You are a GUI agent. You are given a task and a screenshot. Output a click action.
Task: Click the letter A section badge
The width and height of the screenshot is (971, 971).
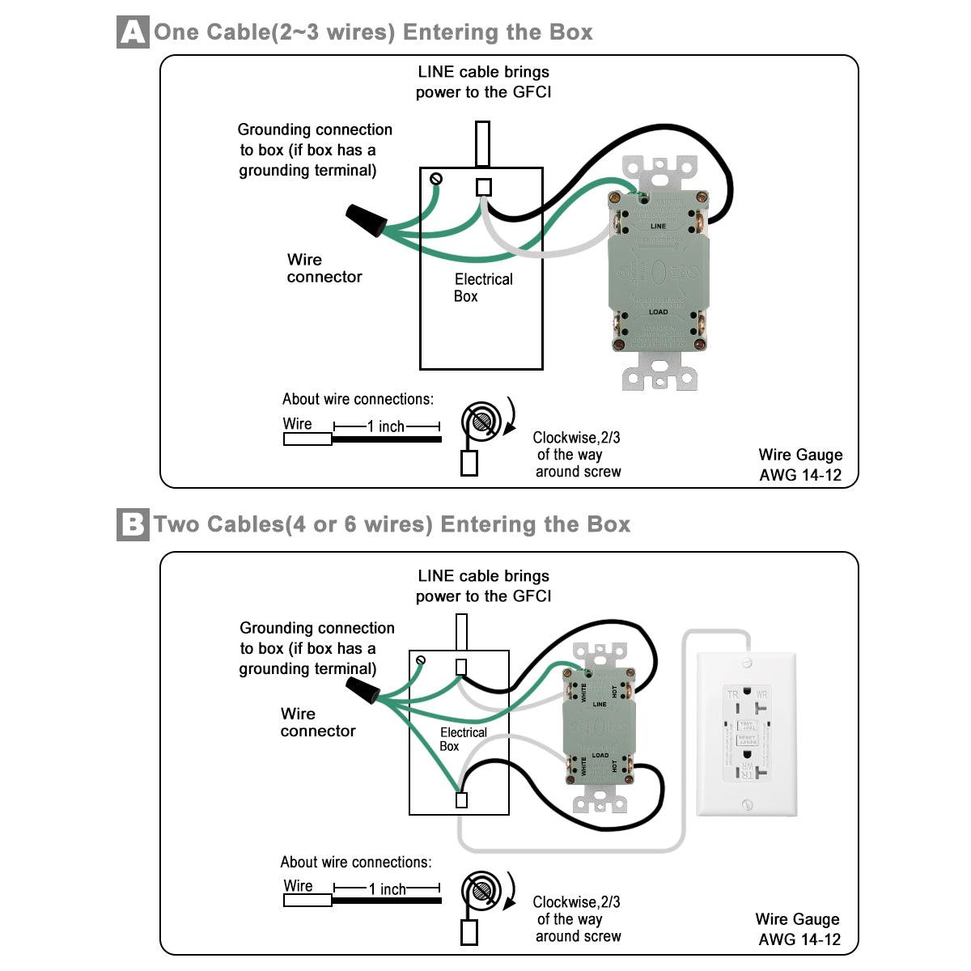(134, 32)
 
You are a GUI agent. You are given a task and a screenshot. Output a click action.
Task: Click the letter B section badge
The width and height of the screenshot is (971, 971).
(133, 524)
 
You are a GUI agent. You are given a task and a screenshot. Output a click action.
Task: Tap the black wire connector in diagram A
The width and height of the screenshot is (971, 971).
(364, 219)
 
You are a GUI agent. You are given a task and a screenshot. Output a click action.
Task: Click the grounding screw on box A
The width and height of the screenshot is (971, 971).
(436, 178)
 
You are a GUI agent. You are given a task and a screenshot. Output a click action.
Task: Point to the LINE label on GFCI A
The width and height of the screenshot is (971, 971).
(659, 226)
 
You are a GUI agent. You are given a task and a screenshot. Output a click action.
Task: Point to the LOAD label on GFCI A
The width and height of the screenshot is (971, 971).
(659, 312)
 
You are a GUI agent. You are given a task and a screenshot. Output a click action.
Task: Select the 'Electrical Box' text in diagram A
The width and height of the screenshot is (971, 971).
(482, 287)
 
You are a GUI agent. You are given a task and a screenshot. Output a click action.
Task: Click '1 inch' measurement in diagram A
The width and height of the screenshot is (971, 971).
(386, 426)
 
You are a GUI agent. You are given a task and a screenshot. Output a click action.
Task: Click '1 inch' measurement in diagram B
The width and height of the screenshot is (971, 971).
(388, 889)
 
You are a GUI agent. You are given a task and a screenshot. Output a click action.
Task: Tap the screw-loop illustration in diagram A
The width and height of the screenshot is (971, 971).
(481, 422)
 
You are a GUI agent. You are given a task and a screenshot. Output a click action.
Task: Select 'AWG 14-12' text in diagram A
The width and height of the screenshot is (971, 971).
(800, 475)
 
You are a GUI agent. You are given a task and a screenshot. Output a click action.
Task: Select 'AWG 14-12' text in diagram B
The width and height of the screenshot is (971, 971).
(799, 939)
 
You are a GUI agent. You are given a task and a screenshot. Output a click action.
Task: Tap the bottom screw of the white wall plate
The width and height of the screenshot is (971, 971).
(747, 804)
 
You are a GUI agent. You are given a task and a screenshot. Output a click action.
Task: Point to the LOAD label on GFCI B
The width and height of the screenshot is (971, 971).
(600, 755)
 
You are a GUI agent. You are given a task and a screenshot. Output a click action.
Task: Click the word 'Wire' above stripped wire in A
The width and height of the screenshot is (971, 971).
(297, 423)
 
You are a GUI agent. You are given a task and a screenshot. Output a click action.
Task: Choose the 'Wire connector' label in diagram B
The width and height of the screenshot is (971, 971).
(317, 722)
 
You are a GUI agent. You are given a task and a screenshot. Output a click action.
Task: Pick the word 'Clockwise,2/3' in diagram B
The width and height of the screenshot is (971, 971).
(576, 901)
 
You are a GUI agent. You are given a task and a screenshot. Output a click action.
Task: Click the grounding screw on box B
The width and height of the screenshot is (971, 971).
(420, 661)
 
